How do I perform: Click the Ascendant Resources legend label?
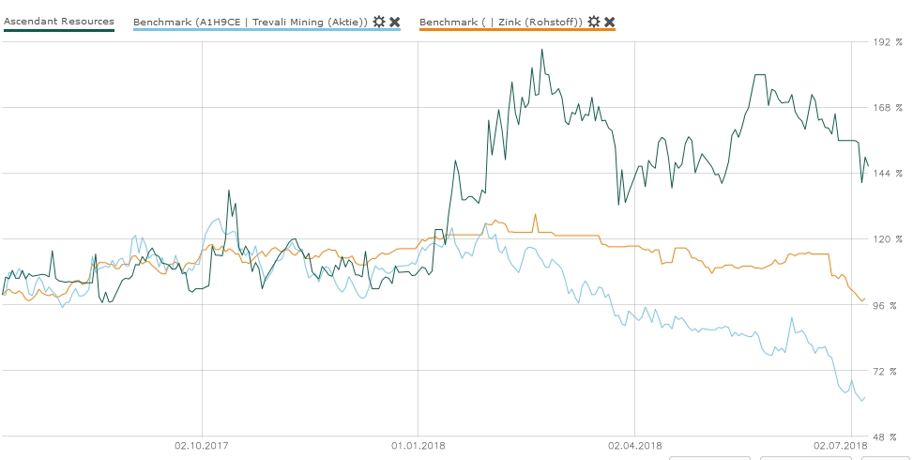point(59,21)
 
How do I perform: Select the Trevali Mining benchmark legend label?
point(251,21)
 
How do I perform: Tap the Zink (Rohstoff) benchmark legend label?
point(501,21)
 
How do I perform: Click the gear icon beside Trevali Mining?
point(379,21)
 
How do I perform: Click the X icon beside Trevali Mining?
point(395,21)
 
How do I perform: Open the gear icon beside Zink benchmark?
point(594,21)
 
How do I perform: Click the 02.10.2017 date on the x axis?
point(203,445)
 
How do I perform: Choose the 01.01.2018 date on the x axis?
point(418,445)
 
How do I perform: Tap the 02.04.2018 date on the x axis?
point(634,445)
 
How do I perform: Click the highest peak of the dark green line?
point(541,50)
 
